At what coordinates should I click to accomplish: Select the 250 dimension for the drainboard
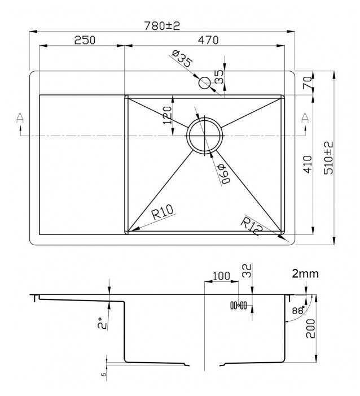point(84,40)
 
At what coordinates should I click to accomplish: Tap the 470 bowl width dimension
point(208,40)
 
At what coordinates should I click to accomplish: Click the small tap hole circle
point(204,82)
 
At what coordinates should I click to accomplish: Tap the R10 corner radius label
point(162,213)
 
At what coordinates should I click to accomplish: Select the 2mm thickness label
point(305,274)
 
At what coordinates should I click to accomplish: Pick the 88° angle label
point(298,310)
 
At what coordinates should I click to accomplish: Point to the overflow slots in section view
point(239,306)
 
